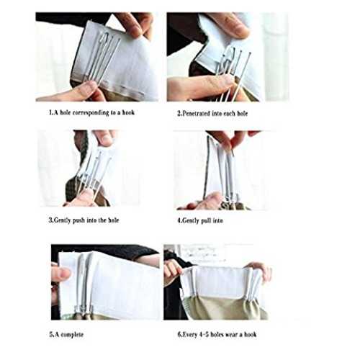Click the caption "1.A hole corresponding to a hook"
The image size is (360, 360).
click(x=91, y=112)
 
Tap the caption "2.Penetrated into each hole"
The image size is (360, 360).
click(x=212, y=113)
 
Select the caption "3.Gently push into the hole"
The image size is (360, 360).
click(x=84, y=220)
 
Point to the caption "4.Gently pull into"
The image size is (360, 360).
click(x=200, y=220)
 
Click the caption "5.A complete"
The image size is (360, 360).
click(x=66, y=334)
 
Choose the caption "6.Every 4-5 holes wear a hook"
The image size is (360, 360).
click(x=217, y=334)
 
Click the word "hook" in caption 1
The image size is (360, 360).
click(x=128, y=112)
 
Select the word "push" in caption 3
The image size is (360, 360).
click(x=79, y=220)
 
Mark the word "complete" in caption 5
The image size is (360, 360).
click(x=72, y=335)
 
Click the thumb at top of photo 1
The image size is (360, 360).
click(x=131, y=24)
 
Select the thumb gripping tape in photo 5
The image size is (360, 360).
click(x=60, y=273)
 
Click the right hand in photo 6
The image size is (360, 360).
click(x=260, y=271)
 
